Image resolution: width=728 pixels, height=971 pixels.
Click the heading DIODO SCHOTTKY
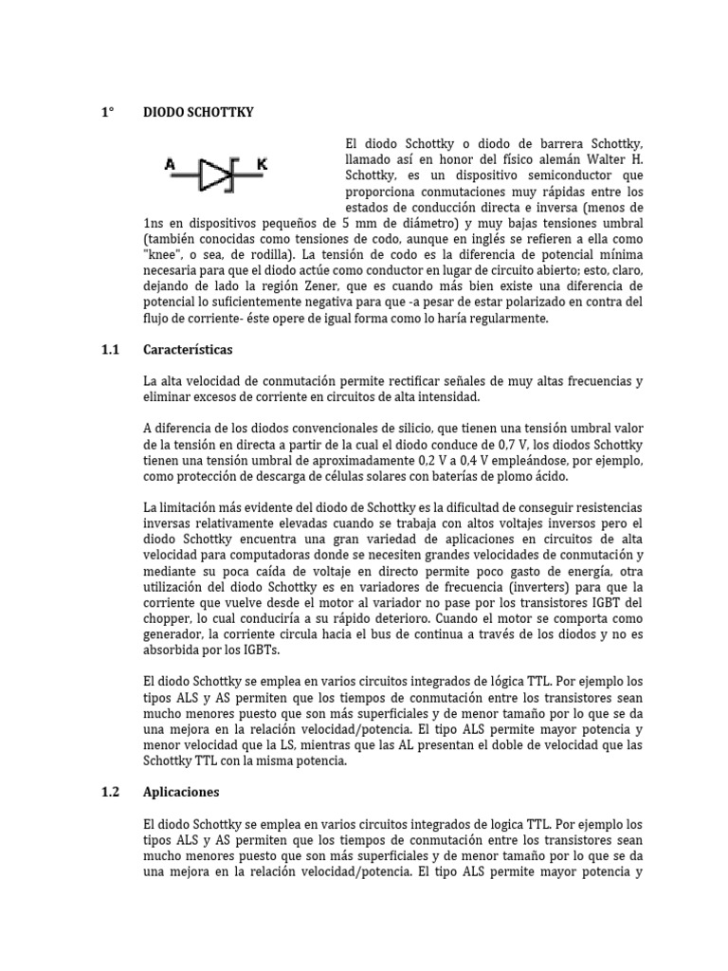click(x=198, y=113)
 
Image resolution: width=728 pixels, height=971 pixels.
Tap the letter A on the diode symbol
click(x=170, y=164)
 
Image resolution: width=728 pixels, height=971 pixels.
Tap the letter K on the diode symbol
click(x=262, y=164)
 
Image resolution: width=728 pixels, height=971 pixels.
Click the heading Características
click(x=188, y=350)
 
